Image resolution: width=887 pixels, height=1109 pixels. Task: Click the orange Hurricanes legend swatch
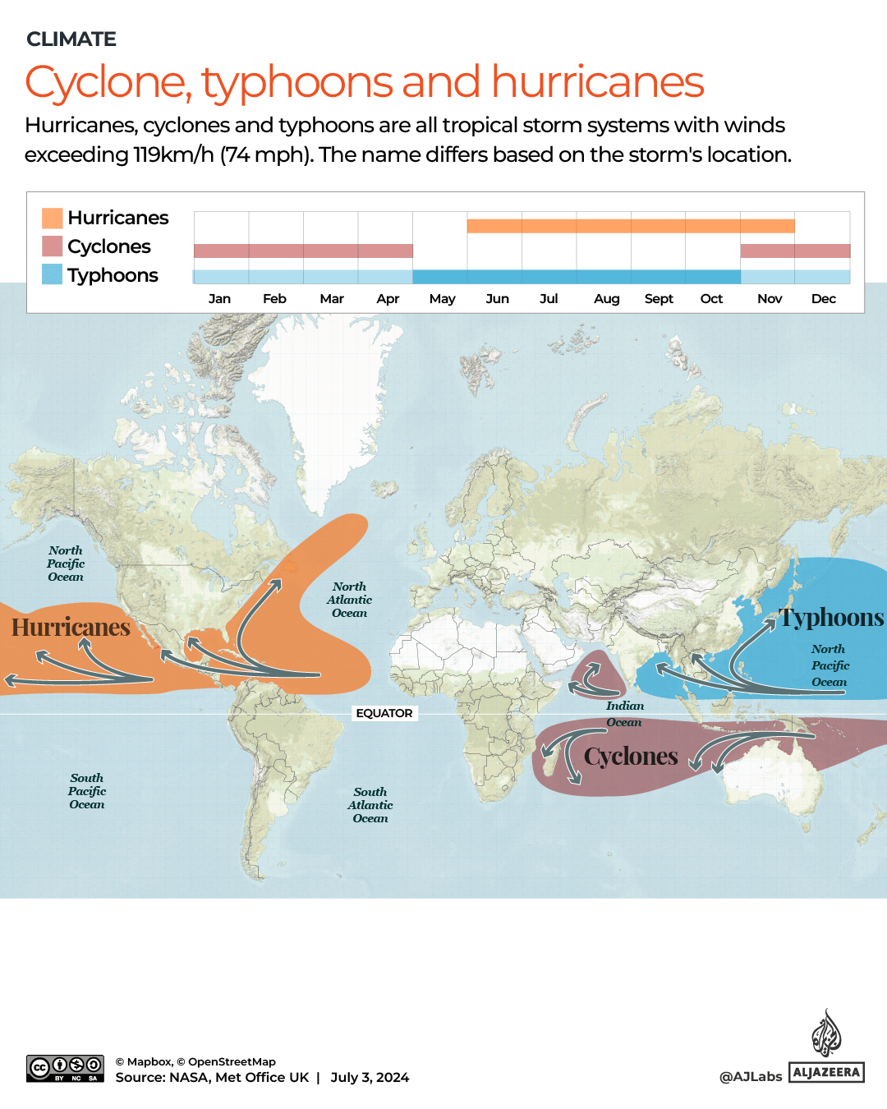53,218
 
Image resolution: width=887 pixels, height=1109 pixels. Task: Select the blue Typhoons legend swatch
53,274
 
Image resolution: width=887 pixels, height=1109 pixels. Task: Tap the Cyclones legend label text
109,246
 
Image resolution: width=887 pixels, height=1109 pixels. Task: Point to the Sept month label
659,298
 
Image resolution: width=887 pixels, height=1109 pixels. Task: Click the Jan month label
219,298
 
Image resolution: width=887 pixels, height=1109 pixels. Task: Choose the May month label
442,298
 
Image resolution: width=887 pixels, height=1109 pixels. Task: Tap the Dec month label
823,298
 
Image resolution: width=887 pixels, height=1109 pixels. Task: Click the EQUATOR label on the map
384,713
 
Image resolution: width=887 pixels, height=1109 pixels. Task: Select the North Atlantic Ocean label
349,600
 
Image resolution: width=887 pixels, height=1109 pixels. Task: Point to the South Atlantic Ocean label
370,805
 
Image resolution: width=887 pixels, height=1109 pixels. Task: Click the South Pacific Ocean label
87,791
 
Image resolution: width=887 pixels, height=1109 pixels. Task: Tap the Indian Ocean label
625,714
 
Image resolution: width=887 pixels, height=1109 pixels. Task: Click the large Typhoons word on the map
831,617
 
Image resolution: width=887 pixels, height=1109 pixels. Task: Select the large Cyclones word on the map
631,756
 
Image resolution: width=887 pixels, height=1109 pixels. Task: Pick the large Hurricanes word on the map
71,628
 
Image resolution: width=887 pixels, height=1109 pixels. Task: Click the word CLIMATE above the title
71,39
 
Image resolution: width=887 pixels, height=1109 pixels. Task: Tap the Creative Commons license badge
65,1068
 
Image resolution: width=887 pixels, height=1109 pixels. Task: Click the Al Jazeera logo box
826,1072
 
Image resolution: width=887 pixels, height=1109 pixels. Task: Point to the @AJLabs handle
751,1076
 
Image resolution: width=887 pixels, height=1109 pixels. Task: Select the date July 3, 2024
370,1077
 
